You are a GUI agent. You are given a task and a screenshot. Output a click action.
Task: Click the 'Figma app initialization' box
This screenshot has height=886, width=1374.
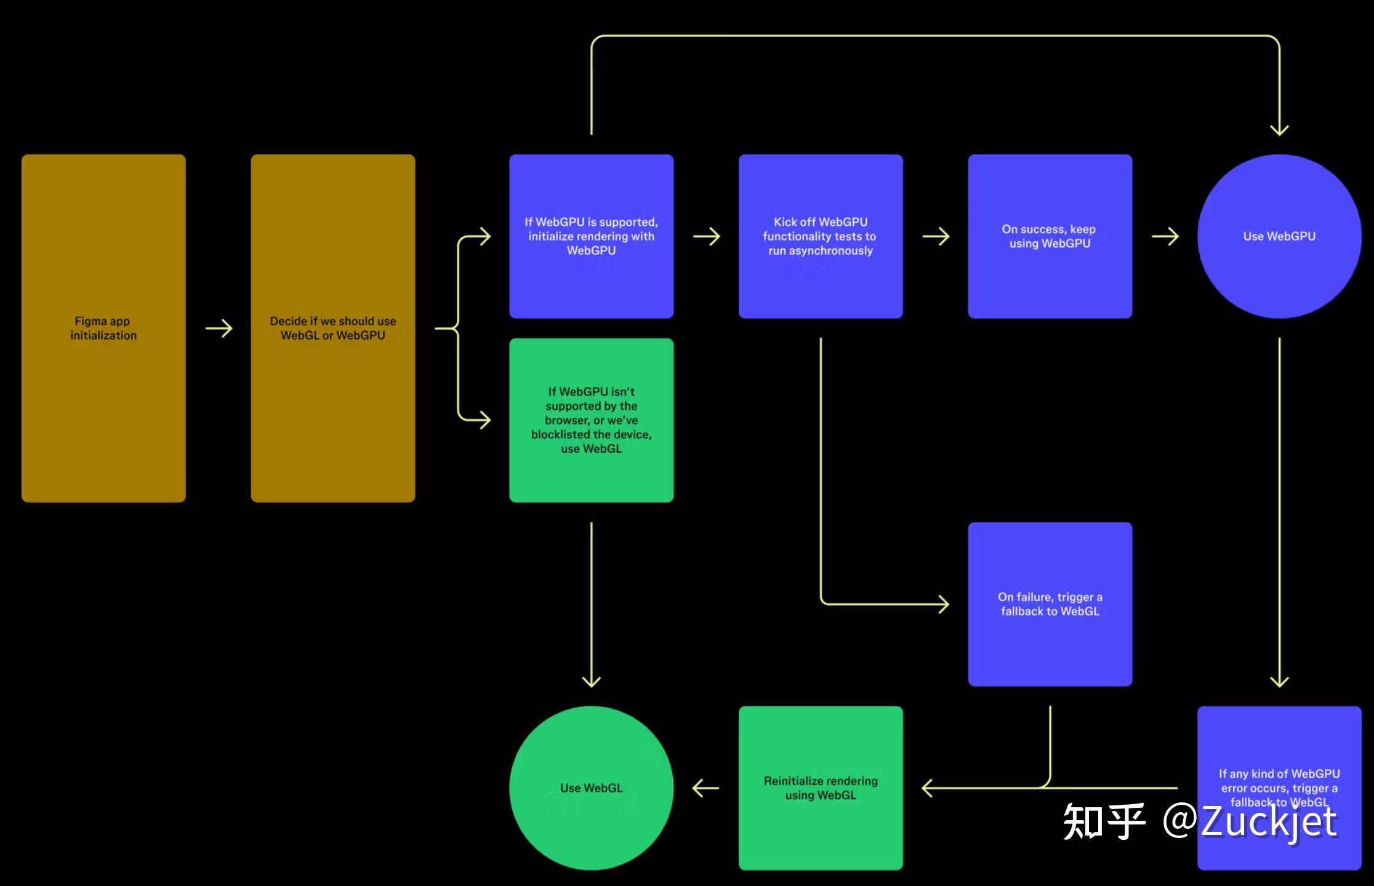[103, 328]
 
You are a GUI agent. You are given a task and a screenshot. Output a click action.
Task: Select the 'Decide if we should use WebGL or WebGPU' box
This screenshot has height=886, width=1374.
[332, 328]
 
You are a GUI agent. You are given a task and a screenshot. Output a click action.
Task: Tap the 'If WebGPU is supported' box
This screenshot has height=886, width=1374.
[591, 236]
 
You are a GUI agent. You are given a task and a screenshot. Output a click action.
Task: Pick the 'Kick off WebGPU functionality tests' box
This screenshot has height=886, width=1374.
[821, 236]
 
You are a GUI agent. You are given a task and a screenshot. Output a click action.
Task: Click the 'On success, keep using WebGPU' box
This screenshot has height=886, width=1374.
[1050, 236]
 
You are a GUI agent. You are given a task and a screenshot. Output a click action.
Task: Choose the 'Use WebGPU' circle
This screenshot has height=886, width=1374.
[1279, 236]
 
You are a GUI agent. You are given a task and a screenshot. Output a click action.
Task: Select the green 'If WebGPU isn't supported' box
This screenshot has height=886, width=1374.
[591, 420]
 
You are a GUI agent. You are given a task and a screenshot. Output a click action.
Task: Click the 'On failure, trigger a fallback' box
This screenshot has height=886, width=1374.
[1050, 604]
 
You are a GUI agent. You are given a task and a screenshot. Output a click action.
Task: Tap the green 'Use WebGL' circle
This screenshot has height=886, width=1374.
[591, 788]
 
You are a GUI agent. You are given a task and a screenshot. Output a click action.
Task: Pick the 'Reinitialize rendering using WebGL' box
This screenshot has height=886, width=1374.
[821, 788]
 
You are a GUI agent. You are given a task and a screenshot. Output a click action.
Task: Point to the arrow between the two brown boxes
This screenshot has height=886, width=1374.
[219, 329]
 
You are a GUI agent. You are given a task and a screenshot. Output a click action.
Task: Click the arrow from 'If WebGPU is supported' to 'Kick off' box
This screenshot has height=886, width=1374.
[706, 236]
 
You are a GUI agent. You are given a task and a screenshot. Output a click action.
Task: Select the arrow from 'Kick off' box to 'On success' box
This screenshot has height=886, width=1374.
[936, 236]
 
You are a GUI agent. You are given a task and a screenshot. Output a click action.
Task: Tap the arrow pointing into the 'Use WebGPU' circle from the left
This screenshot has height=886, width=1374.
[1165, 236]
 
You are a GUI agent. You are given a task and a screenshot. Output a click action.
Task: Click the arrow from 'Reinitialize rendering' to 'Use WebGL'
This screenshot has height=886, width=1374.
[705, 788]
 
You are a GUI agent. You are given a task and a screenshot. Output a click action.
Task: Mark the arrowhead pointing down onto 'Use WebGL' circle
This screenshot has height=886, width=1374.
[591, 680]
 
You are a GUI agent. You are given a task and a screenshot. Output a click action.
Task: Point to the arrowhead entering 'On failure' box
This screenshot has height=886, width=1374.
[942, 604]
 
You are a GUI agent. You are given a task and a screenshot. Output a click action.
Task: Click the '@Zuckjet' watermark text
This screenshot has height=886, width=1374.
[1250, 821]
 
